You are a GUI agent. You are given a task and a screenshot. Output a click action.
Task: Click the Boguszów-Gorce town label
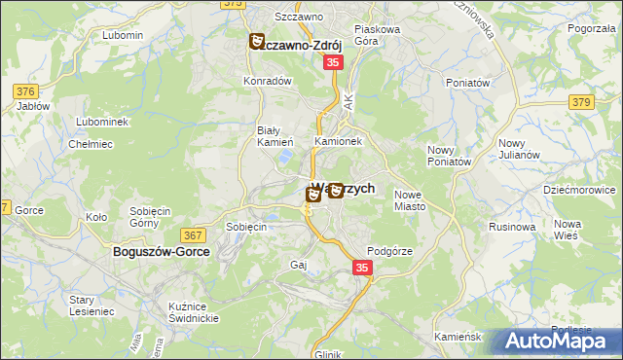(x=154, y=251)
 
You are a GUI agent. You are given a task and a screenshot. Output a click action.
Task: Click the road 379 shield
(x=582, y=101)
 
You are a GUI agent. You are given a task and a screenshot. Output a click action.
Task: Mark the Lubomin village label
(x=122, y=35)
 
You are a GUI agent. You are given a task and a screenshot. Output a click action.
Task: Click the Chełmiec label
(x=87, y=144)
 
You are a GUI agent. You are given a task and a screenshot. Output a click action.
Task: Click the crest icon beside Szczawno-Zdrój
(x=257, y=42)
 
